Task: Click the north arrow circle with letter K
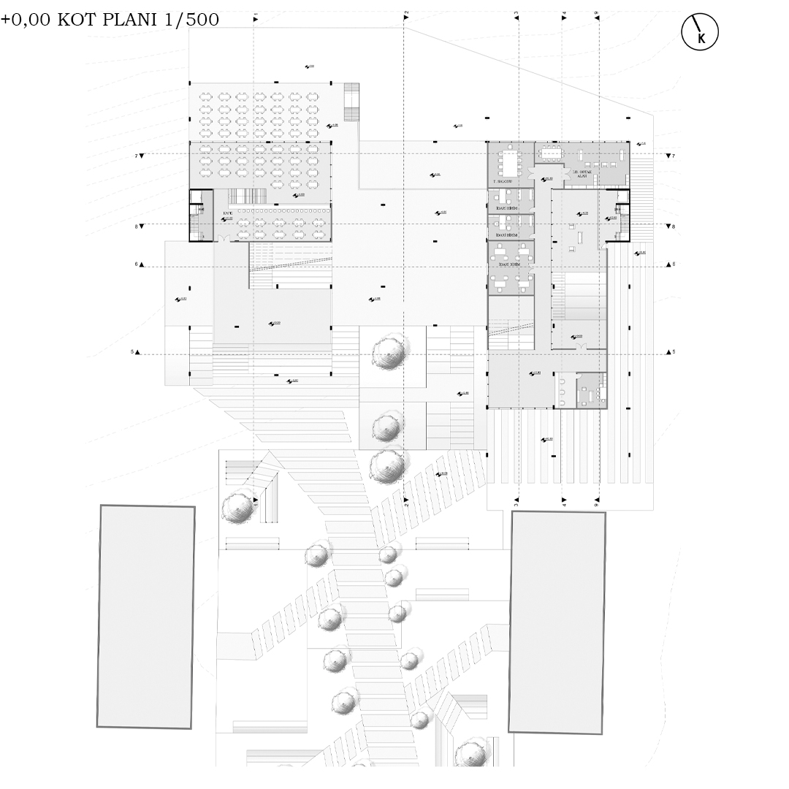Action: [x=700, y=33]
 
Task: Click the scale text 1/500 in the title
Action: [x=193, y=20]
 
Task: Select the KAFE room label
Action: [x=228, y=213]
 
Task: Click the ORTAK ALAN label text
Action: [x=582, y=174]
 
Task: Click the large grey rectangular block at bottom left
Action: [x=146, y=617]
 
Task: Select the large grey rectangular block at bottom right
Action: [x=557, y=622]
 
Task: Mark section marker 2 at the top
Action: [x=405, y=15]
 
